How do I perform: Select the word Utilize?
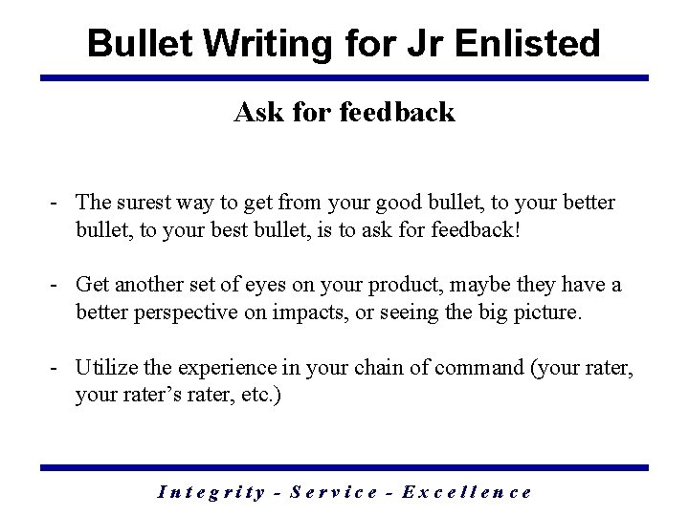107,366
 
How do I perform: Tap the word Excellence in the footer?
468,492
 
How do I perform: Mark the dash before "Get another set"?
59,285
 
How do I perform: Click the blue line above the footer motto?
344,467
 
